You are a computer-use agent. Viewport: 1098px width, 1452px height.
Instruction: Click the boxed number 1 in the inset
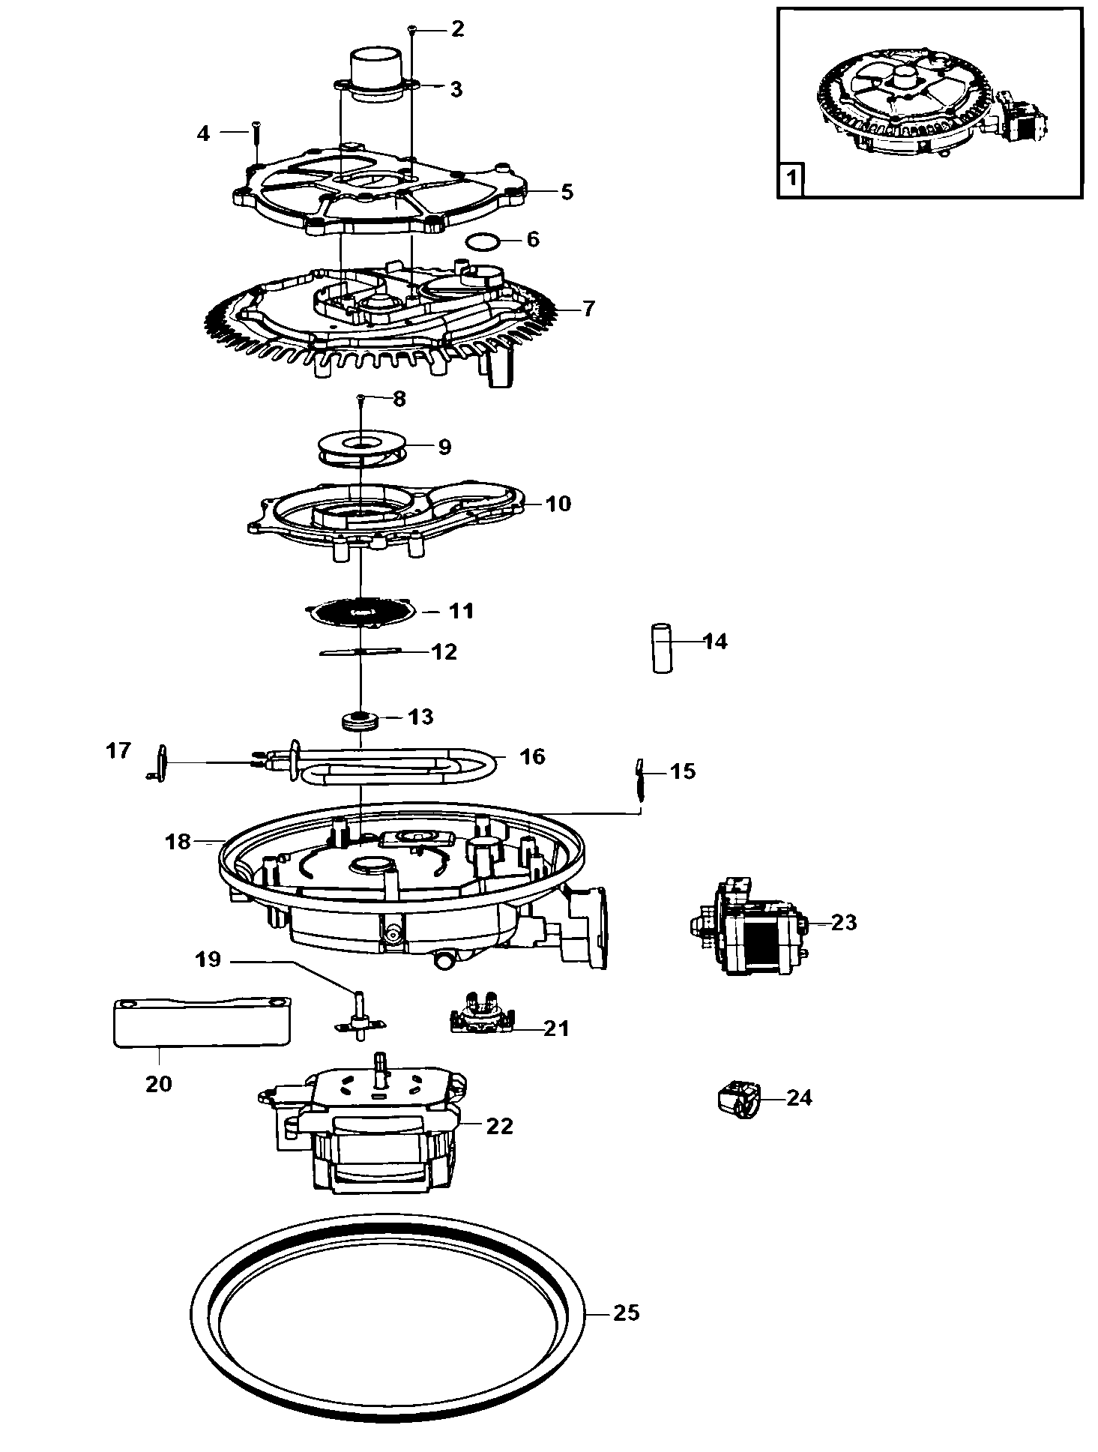pyautogui.click(x=790, y=180)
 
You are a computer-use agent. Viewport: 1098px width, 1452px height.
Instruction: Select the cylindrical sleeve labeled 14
pyautogui.click(x=661, y=647)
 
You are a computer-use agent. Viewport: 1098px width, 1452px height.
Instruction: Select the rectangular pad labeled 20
pyautogui.click(x=201, y=1022)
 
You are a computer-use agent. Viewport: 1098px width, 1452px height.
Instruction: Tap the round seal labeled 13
pyautogui.click(x=361, y=723)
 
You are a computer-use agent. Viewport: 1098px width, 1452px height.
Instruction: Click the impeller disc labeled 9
pyautogui.click(x=360, y=448)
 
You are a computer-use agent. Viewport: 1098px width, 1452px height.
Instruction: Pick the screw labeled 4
pyautogui.click(x=256, y=144)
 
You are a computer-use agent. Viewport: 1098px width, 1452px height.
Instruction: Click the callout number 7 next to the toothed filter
pyautogui.click(x=588, y=308)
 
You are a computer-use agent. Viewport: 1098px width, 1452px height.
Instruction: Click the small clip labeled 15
pyautogui.click(x=639, y=781)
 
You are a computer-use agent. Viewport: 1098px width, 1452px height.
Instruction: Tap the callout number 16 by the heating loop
pyautogui.click(x=533, y=756)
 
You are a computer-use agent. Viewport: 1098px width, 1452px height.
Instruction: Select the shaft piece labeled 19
pyautogui.click(x=361, y=1016)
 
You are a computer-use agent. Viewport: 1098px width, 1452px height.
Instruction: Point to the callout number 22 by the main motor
pyautogui.click(x=499, y=1126)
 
